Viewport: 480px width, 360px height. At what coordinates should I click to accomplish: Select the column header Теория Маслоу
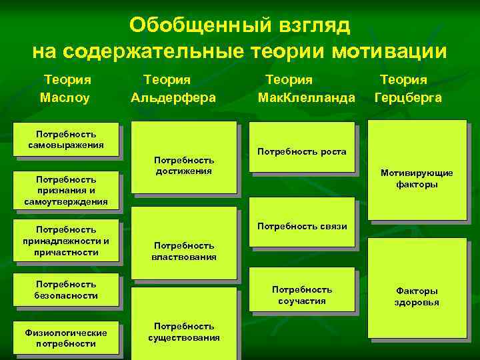click(66, 88)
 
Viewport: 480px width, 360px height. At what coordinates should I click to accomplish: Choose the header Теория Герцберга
click(408, 88)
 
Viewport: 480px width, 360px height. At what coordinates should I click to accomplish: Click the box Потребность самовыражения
click(66, 139)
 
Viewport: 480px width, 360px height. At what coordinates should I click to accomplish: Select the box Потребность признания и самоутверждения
click(66, 190)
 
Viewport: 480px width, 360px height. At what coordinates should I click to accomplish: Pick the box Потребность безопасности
click(66, 290)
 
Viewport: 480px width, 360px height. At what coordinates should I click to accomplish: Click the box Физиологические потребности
click(66, 338)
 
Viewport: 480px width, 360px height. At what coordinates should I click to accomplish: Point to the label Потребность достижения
click(184, 165)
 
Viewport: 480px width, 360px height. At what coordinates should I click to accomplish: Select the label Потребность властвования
click(184, 251)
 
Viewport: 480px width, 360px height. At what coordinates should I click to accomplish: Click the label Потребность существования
click(184, 331)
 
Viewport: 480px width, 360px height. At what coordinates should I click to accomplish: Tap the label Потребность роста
click(302, 152)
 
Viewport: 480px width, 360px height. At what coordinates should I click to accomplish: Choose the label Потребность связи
click(302, 226)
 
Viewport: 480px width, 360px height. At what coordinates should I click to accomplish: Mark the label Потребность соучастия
click(302, 295)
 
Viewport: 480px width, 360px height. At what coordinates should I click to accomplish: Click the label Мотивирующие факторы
click(417, 179)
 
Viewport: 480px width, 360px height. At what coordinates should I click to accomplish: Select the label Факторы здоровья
click(417, 297)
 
